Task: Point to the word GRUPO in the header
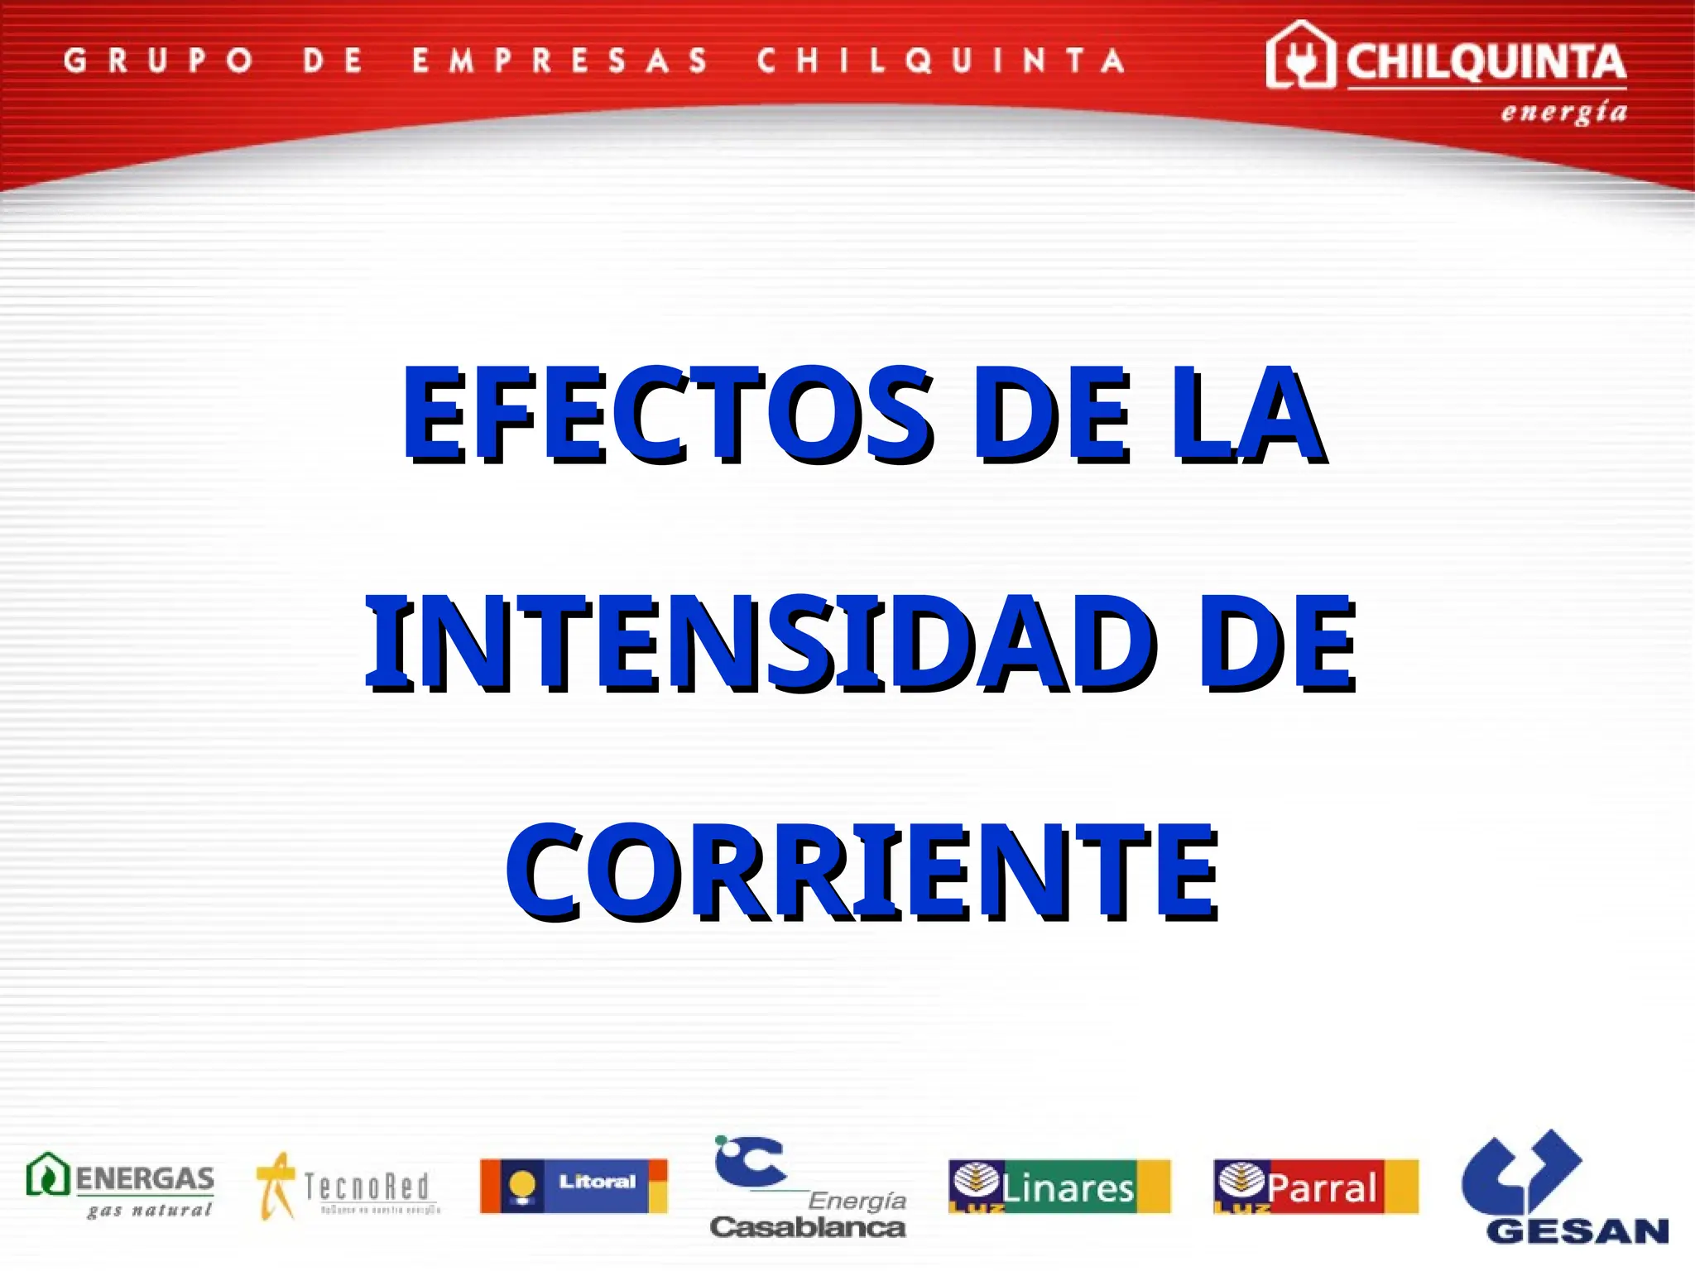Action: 158,60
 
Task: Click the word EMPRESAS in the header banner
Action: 560,60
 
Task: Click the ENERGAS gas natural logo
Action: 121,1185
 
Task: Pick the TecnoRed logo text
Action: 367,1187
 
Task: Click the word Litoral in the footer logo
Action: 597,1181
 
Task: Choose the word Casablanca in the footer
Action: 808,1226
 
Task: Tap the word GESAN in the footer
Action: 1577,1231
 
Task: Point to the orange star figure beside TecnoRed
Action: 276,1185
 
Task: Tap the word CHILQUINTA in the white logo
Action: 1486,63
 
